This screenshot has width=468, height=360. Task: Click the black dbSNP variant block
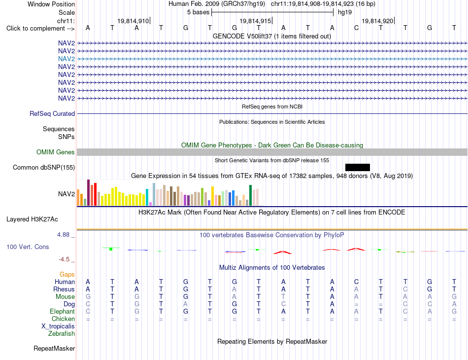point(358,167)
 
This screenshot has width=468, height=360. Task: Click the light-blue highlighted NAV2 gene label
point(67,59)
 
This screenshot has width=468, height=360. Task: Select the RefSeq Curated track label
point(52,113)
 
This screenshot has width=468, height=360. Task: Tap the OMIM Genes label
point(56,152)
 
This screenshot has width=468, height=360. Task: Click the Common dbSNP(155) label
point(44,167)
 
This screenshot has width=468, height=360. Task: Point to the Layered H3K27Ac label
point(32,219)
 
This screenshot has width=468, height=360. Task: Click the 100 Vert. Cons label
point(28,247)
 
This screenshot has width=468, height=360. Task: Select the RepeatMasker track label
point(54,348)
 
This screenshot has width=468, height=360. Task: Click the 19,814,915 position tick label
point(256,21)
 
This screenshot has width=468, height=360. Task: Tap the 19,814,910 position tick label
point(133,21)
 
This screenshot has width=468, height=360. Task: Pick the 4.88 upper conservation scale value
point(63,235)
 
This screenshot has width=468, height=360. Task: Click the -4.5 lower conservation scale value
point(64,259)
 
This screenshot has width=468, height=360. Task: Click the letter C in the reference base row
point(356,28)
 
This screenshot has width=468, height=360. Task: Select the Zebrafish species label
point(62,333)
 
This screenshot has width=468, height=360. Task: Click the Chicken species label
point(63,319)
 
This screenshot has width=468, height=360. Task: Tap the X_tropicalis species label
point(58,326)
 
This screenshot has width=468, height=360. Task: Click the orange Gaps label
point(67,274)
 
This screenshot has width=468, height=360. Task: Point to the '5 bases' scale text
point(199,12)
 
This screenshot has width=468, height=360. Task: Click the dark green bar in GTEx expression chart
point(250,195)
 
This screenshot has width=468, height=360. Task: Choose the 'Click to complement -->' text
point(40,29)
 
